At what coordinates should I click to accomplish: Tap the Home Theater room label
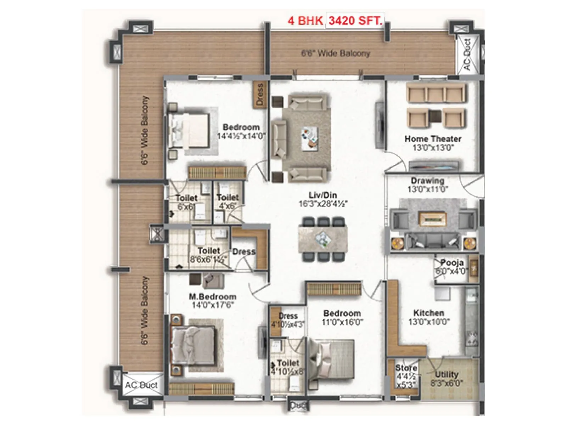coord(433,139)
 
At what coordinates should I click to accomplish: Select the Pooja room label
coord(452,263)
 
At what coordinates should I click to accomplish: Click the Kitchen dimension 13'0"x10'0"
coord(429,322)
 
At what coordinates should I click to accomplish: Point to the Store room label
coord(406,368)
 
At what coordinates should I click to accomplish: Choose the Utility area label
coord(447,374)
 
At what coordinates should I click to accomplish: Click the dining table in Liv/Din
coord(322,239)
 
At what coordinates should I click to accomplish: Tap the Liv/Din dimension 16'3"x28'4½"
coord(323,204)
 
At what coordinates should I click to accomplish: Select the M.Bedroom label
coord(212,297)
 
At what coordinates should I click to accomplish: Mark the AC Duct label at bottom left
coord(141,385)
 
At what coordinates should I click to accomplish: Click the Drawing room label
coord(427,181)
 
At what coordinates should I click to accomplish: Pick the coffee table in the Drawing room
coord(432,219)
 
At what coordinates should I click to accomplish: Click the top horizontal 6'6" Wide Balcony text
coord(336,53)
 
